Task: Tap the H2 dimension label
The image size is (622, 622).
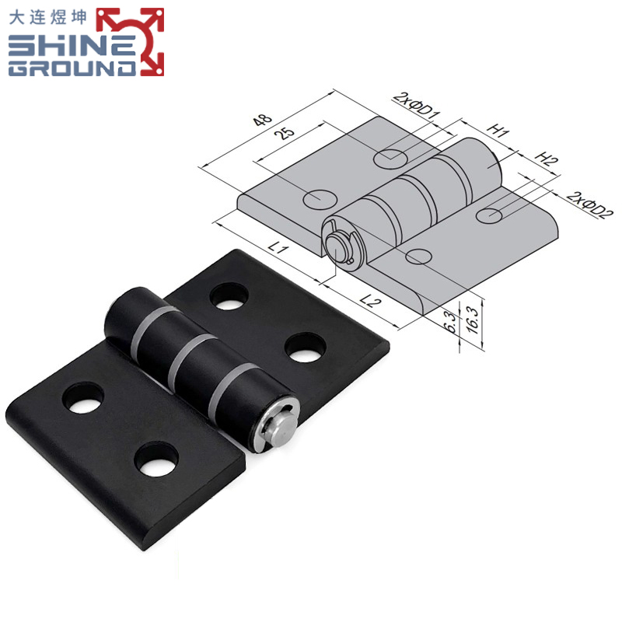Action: tap(547, 161)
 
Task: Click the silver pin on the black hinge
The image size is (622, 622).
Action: tap(278, 425)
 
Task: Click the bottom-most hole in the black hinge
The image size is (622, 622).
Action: tap(155, 462)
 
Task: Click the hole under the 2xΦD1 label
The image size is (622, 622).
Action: tap(389, 159)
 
